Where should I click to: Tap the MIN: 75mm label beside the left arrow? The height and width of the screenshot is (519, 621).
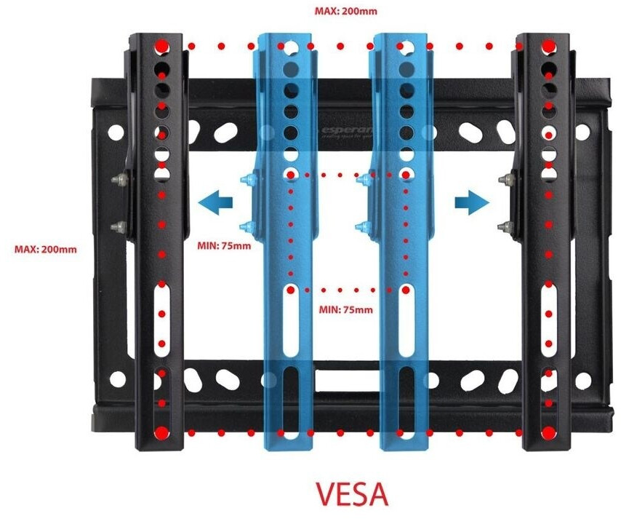click(224, 245)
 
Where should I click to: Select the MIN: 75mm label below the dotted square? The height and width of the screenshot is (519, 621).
click(346, 309)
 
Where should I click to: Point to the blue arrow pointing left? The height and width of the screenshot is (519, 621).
click(216, 200)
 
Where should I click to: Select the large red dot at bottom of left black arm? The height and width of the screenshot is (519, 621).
click(161, 433)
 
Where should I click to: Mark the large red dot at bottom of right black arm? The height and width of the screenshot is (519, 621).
click(548, 433)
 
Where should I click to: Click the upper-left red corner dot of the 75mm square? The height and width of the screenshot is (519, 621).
click(290, 175)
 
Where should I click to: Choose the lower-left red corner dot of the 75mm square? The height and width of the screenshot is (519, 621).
click(290, 290)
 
